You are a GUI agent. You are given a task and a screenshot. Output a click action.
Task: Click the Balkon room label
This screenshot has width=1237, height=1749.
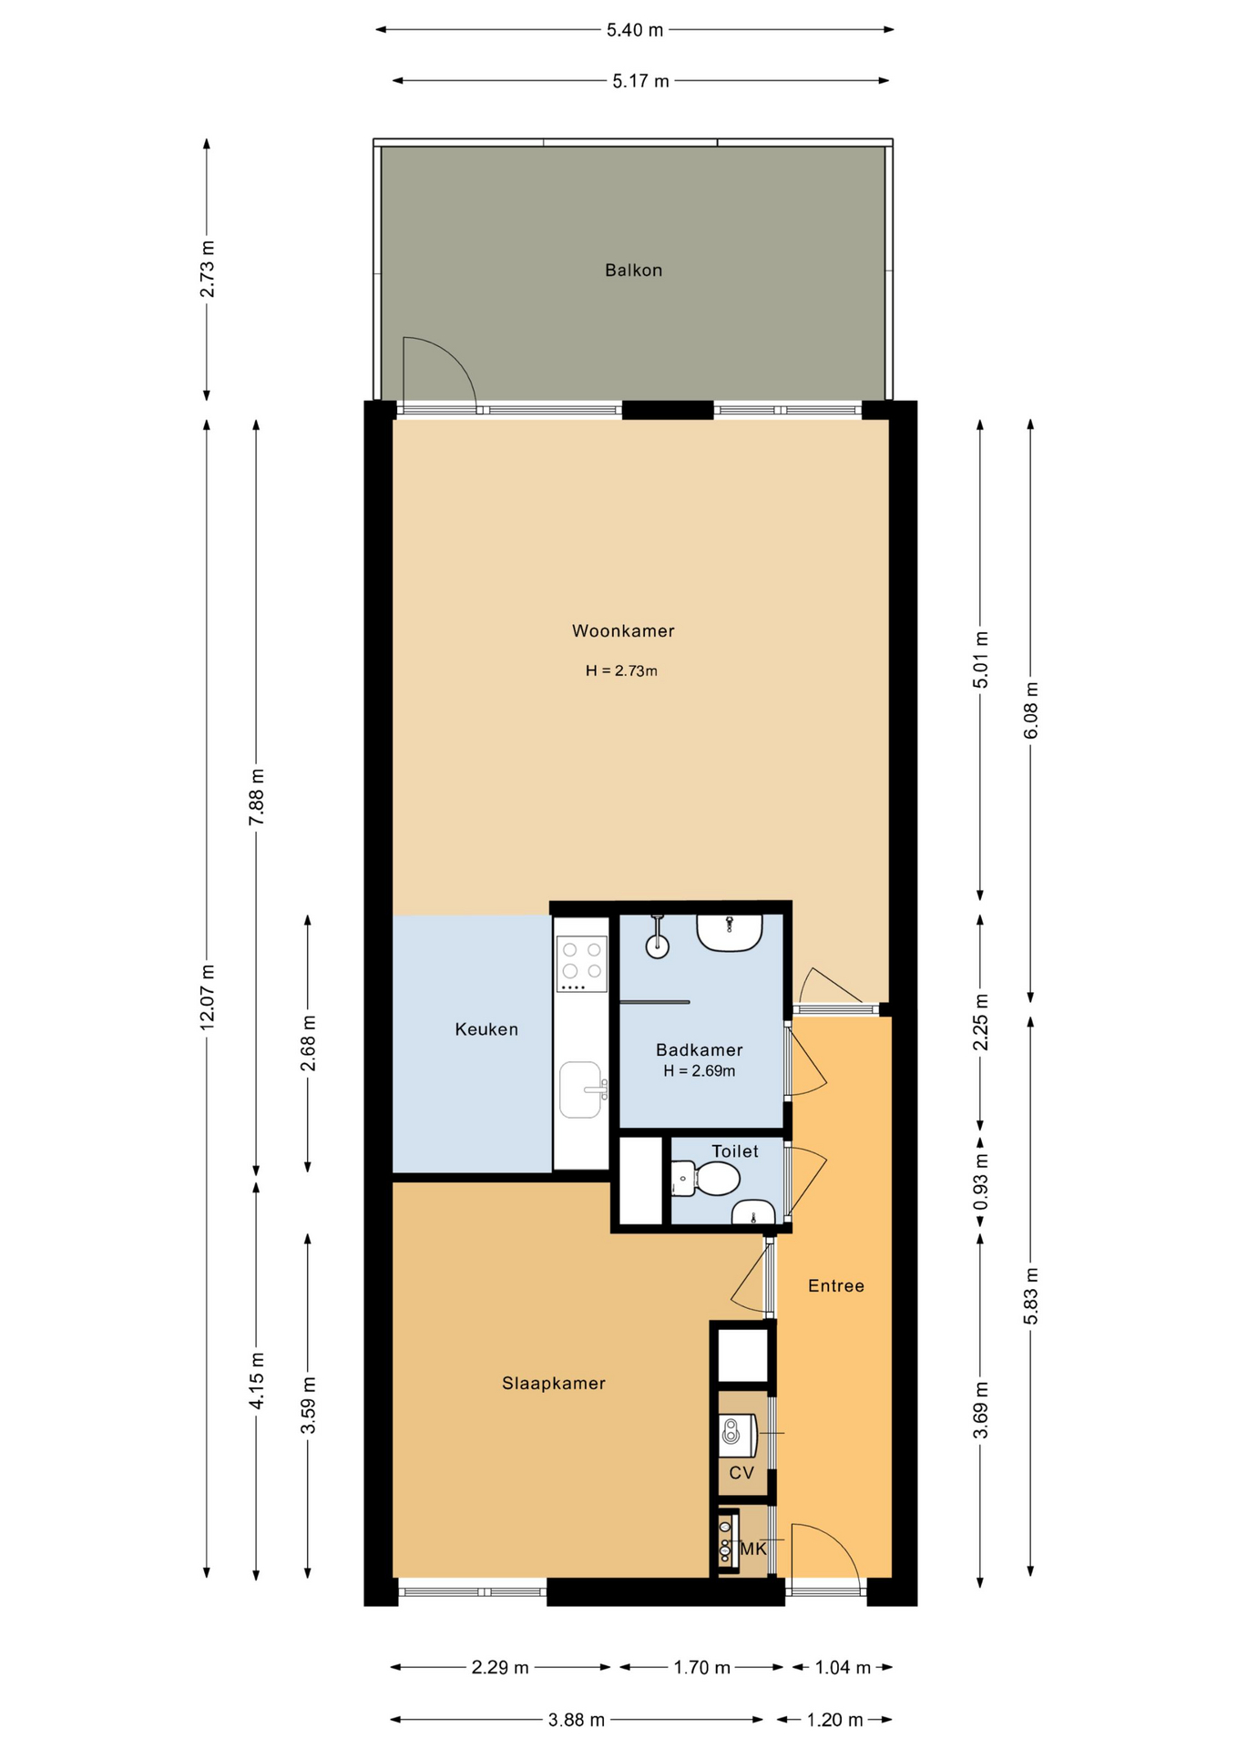click(x=633, y=270)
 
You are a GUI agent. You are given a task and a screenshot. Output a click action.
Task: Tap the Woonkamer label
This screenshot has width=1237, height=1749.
click(x=623, y=630)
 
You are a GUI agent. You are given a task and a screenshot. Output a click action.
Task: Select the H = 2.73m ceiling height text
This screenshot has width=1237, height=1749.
click(x=621, y=670)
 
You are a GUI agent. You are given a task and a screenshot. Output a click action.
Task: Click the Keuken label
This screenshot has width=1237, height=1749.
click(x=486, y=1029)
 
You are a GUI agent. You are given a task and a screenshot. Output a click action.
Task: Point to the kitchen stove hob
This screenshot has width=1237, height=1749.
click(x=582, y=964)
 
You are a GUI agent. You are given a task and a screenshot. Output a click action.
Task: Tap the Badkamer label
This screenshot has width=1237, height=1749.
click(x=699, y=1049)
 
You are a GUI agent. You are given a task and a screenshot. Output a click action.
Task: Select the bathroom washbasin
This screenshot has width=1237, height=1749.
click(x=730, y=934)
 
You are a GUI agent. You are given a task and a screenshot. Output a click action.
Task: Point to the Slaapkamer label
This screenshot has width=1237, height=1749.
click(x=554, y=1383)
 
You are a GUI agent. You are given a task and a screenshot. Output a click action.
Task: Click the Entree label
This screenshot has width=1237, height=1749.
click(x=836, y=1285)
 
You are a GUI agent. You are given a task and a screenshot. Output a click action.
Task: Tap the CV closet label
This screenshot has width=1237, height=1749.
click(x=741, y=1472)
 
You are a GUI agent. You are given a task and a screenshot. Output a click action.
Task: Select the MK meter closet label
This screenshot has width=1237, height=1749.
click(x=753, y=1549)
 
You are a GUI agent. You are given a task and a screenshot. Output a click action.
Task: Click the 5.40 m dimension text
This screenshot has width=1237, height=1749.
click(x=635, y=30)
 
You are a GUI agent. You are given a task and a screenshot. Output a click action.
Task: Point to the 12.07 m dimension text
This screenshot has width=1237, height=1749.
click(x=208, y=997)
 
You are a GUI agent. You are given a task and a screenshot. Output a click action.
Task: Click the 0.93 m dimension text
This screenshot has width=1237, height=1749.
click(x=981, y=1181)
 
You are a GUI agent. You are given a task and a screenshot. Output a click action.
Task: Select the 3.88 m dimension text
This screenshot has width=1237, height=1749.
click(x=577, y=1720)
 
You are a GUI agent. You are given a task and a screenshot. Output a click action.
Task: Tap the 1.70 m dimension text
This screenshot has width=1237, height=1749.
click(x=702, y=1667)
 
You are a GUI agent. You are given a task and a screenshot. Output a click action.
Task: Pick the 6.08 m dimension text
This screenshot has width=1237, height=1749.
click(x=1031, y=711)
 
